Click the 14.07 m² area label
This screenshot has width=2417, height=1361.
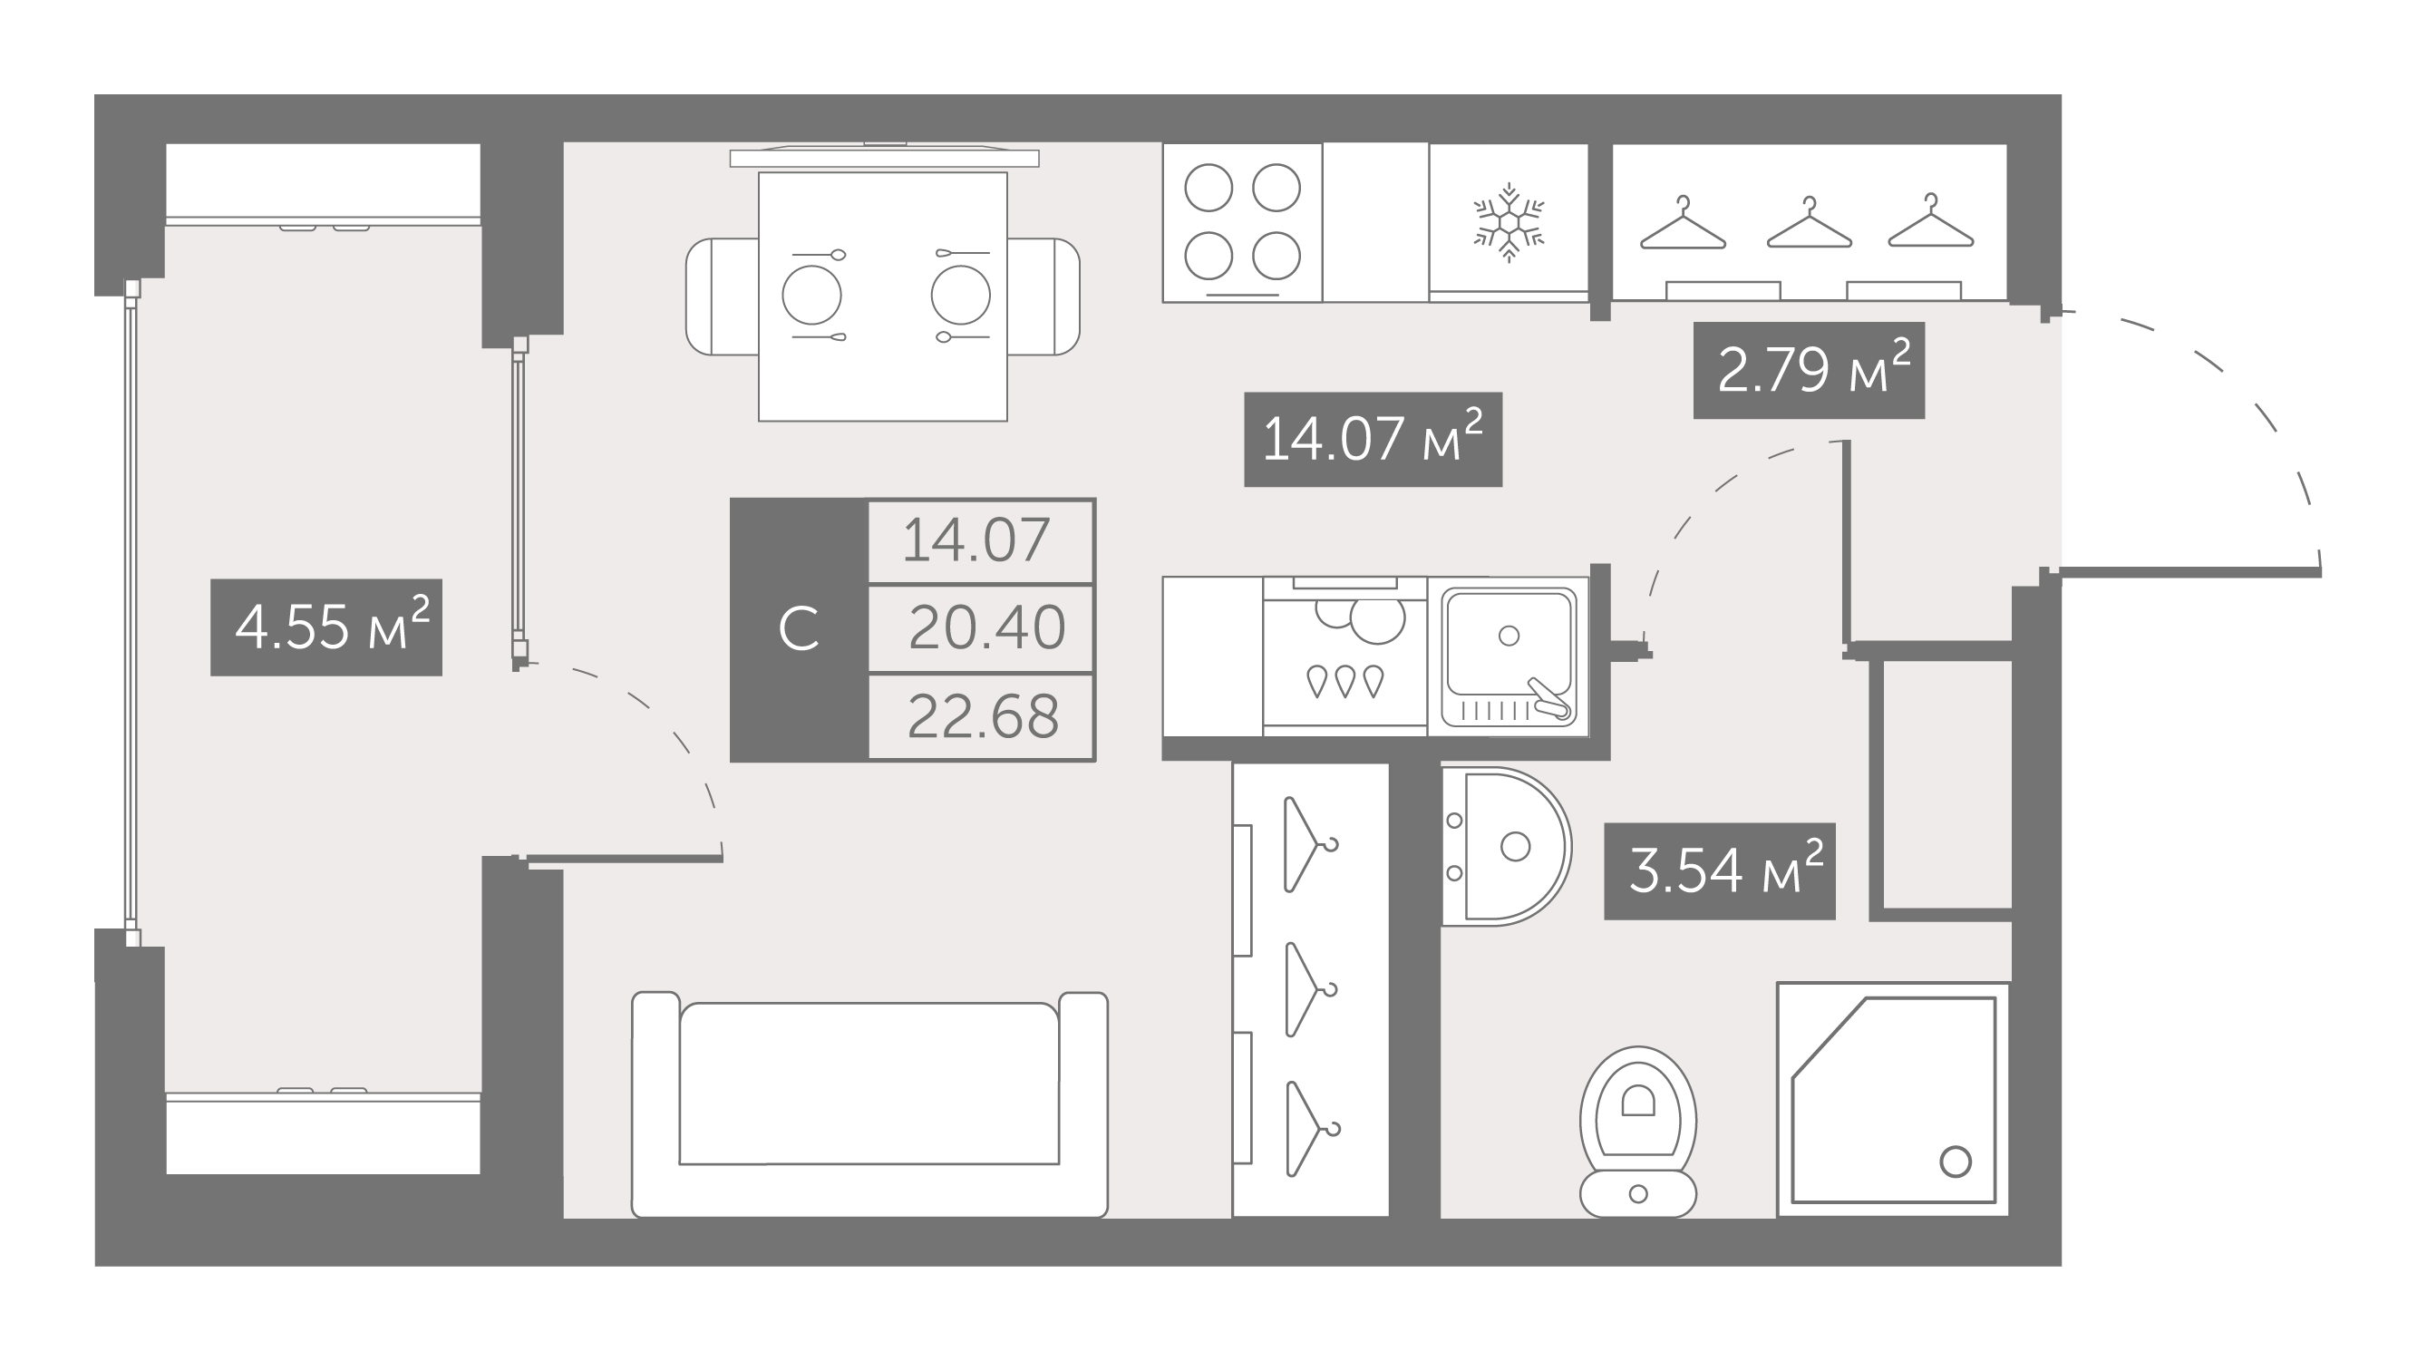pyautogui.click(x=1373, y=439)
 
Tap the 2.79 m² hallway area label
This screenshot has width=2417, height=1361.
pyautogui.click(x=1809, y=370)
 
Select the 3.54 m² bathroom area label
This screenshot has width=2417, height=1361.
pyautogui.click(x=1720, y=871)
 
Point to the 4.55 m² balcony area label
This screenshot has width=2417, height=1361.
pyautogui.click(x=326, y=627)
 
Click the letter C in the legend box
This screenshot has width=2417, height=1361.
pyautogui.click(x=799, y=629)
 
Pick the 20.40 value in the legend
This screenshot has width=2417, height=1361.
pyautogui.click(x=986, y=628)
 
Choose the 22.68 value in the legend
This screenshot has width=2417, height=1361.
pyautogui.click(x=984, y=717)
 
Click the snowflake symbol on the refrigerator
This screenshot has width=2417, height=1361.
pyautogui.click(x=1509, y=222)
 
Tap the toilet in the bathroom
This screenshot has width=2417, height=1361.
pyautogui.click(x=1638, y=1132)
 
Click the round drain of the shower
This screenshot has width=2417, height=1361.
pyautogui.click(x=1956, y=1162)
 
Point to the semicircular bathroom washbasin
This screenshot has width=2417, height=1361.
pyautogui.click(x=1505, y=847)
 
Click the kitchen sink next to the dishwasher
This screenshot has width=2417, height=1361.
pyautogui.click(x=1508, y=657)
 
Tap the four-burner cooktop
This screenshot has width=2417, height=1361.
pyautogui.click(x=1242, y=222)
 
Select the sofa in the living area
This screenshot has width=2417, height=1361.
pyautogui.click(x=869, y=1104)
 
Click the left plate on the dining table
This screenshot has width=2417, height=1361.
pyautogui.click(x=811, y=296)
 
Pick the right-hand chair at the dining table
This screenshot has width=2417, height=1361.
pyautogui.click(x=1043, y=297)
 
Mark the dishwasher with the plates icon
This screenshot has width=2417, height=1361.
pyautogui.click(x=1344, y=656)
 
